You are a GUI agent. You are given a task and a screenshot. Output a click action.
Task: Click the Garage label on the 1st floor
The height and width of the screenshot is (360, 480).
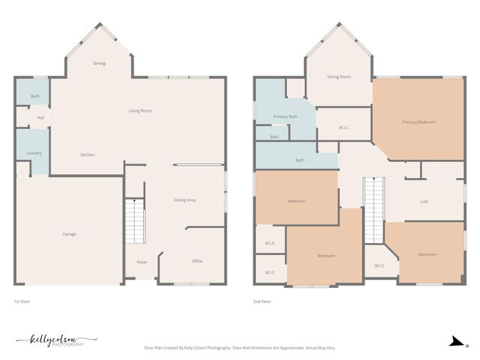(x=69, y=234)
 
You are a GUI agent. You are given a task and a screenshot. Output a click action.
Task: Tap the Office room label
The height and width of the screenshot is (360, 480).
(x=196, y=261)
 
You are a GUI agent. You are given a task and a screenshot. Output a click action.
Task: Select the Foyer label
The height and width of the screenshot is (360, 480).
(x=142, y=262)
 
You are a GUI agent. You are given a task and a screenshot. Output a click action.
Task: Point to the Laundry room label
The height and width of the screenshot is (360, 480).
(x=34, y=153)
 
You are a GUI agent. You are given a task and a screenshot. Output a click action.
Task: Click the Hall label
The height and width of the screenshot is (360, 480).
(x=40, y=118)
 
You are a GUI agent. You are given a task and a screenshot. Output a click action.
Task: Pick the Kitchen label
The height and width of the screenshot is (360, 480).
(x=88, y=154)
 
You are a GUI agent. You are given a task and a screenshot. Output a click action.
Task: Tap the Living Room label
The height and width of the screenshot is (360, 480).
(x=140, y=111)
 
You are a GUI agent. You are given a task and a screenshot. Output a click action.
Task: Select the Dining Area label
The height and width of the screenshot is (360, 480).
(x=184, y=200)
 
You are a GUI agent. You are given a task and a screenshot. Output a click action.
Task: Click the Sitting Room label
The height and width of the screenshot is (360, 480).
(x=339, y=76)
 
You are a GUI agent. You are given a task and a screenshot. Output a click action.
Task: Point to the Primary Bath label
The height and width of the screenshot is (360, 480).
(x=285, y=117)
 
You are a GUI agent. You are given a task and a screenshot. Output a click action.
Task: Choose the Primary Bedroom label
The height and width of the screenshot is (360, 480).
(x=418, y=122)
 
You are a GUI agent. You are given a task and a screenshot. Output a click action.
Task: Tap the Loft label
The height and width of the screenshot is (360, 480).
(x=424, y=202)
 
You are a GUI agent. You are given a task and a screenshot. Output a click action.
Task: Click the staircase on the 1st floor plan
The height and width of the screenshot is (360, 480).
(x=134, y=221)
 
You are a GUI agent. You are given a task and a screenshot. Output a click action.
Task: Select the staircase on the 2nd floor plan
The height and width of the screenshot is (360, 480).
(x=373, y=210)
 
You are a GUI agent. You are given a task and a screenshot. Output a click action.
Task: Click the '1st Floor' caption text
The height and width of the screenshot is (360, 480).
(x=22, y=301)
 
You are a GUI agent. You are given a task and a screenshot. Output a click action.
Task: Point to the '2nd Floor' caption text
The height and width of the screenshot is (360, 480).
(x=262, y=301)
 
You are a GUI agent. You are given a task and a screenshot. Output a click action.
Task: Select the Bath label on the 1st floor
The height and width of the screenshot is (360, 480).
(x=35, y=97)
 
